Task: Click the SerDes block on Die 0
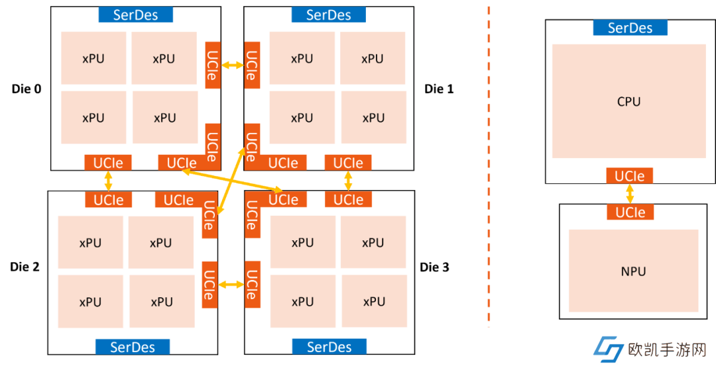135,15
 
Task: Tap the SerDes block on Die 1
328,15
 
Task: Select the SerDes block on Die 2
133,346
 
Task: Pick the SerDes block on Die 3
329,346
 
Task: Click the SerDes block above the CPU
630,28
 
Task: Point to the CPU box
628,101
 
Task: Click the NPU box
633,271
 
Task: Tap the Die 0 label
27,89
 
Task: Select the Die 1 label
439,89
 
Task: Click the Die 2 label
25,267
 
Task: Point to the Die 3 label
434,267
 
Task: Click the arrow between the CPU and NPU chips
630,194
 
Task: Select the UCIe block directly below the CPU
629,176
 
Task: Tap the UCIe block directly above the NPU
630,212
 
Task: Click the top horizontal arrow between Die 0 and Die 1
232,65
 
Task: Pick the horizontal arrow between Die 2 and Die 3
231,285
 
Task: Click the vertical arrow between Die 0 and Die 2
108,181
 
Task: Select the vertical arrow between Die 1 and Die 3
348,181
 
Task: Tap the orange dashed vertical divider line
489,165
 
